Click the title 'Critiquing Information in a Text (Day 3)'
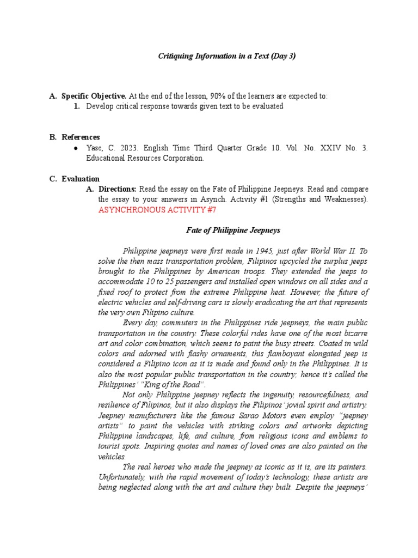226,56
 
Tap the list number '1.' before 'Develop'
77,106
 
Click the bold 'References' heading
81,137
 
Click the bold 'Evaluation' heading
81,178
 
